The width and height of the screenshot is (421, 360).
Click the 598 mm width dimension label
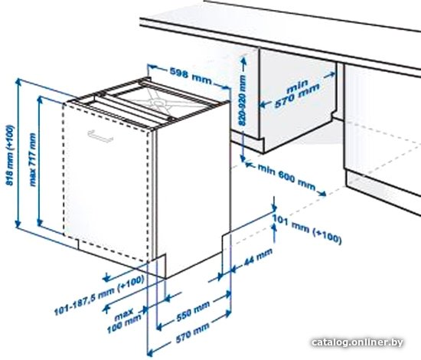tap(191, 76)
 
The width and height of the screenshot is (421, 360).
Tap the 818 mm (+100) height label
tap(10, 155)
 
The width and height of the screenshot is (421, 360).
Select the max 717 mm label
tap(32, 159)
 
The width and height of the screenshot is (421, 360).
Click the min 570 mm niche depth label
tap(297, 93)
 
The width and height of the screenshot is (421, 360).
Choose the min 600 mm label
tap(286, 177)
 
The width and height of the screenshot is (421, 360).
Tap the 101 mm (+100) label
tap(307, 229)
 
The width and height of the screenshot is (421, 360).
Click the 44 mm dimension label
tap(257, 257)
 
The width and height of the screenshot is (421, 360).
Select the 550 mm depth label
tap(192, 312)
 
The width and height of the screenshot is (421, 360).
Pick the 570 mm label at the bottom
tap(192, 333)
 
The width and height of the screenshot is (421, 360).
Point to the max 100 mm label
tap(124, 321)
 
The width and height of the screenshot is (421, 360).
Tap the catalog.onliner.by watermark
tap(357, 342)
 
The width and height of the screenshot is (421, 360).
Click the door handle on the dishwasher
tap(100, 136)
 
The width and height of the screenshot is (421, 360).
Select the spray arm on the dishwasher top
tap(153, 103)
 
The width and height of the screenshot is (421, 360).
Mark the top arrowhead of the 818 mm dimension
tap(18, 81)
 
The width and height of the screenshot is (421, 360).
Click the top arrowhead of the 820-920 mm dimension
tap(243, 61)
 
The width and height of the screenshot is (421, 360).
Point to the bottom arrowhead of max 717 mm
tap(40, 222)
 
